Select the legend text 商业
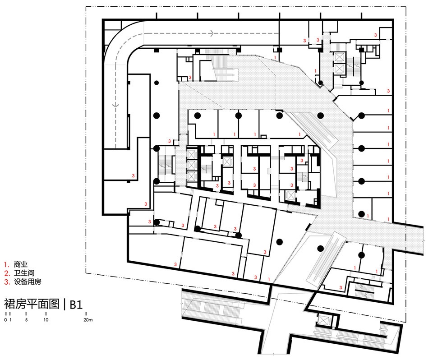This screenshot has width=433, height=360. click(21, 264)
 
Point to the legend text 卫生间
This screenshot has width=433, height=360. click(24, 273)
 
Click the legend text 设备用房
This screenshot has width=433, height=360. click(28, 282)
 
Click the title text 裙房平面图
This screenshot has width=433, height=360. click(32, 304)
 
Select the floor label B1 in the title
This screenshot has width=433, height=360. click(76, 305)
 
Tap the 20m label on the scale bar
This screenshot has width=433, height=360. click(88, 320)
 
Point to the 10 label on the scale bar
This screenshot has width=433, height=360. click(46, 320)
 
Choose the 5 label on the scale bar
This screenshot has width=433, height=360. click(26, 320)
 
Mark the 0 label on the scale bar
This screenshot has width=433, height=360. click(5, 320)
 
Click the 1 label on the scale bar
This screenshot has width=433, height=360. click(10, 320)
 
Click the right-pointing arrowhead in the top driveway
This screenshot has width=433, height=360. click(212, 33)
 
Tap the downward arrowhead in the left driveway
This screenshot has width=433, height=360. click(115, 105)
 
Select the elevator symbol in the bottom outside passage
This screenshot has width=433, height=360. click(322, 320)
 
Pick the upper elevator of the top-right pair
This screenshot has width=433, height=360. click(339, 57)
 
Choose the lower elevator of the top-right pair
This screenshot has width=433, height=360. click(339, 68)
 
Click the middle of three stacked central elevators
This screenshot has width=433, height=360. click(191, 165)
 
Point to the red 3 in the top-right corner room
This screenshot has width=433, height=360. click(376, 35)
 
